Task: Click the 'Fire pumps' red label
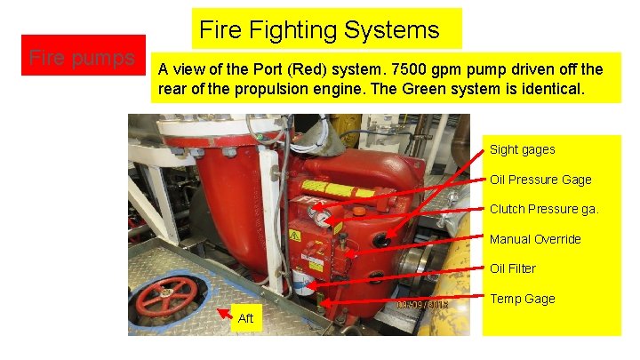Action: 83,58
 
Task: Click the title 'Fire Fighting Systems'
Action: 319,30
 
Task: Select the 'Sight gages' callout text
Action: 522,149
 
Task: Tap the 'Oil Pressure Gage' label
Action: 540,180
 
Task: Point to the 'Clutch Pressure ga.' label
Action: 544,209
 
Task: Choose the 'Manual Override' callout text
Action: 535,239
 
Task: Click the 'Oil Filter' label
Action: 513,268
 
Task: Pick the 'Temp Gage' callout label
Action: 522,299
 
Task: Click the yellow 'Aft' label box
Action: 246,318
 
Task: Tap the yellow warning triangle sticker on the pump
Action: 294,236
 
